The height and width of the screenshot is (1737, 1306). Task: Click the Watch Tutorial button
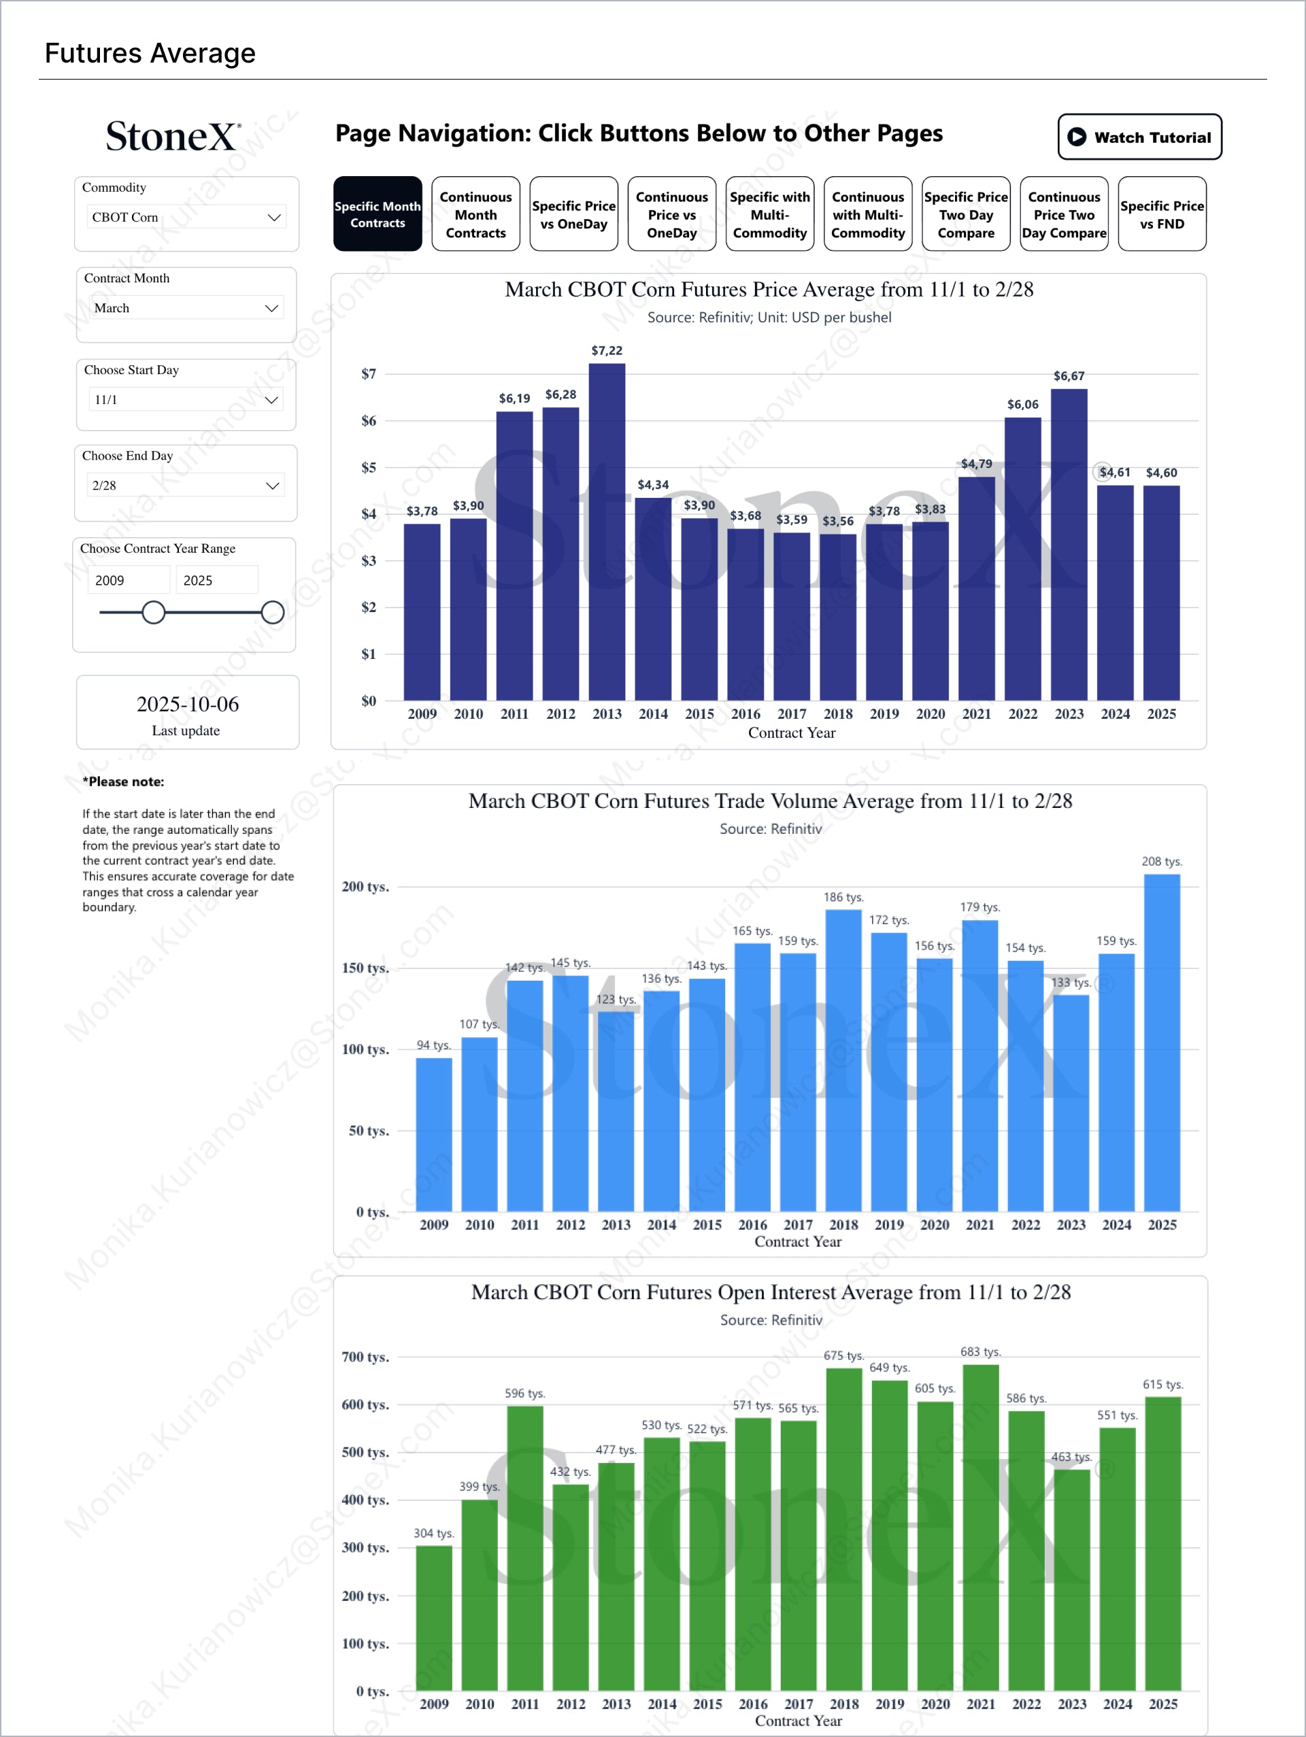point(1139,137)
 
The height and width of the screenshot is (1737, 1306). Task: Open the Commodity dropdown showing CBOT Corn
point(186,218)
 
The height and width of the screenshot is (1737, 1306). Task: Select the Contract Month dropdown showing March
point(186,308)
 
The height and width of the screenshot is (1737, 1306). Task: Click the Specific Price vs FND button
point(1162,214)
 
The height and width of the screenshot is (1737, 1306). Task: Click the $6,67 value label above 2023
point(1068,376)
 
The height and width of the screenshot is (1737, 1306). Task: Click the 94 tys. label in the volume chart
point(433,1045)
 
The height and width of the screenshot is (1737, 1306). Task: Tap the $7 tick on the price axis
point(368,374)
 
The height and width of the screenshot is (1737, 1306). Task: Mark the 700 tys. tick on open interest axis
point(365,1357)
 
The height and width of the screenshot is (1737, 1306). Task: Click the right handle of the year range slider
point(273,613)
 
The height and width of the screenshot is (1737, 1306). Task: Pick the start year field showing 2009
point(127,580)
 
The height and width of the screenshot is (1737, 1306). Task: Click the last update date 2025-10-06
point(187,705)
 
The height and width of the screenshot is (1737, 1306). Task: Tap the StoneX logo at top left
point(173,137)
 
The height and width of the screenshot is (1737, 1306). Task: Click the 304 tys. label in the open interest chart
point(433,1533)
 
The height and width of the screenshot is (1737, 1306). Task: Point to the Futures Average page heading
point(150,54)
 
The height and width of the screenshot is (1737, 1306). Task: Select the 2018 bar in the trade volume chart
point(843,1060)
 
